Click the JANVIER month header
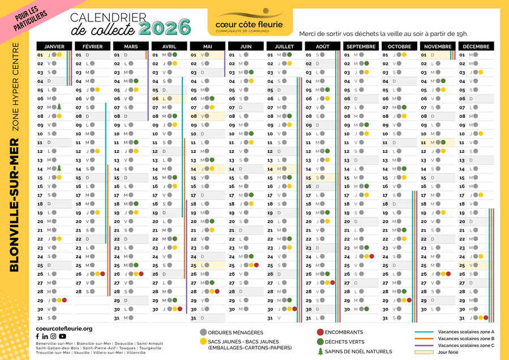(54, 46)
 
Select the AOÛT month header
(322, 46)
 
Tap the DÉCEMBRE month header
(476, 46)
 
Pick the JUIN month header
(245, 46)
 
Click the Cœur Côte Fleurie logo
(251, 22)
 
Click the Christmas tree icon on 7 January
(59, 107)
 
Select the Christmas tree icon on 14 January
(59, 168)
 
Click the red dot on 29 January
(65, 300)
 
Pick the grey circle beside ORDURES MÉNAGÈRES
(203, 332)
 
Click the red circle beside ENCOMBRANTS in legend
(320, 332)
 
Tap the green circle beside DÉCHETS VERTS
(320, 342)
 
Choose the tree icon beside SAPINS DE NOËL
(320, 352)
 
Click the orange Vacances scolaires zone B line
(425, 338)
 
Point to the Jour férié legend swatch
(425, 352)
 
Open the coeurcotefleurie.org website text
(63, 328)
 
